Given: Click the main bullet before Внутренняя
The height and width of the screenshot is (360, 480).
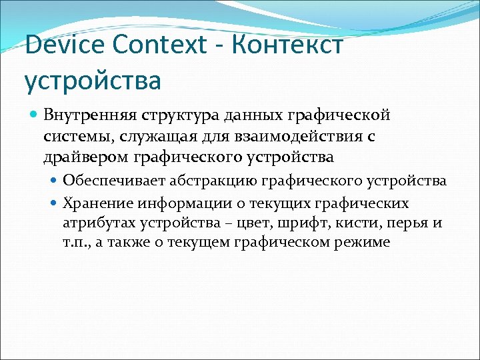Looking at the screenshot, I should (x=33, y=115).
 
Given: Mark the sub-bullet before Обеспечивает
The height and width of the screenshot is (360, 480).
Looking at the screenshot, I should (x=55, y=181).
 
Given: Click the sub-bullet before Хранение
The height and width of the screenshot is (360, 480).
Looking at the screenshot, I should (x=55, y=203).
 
